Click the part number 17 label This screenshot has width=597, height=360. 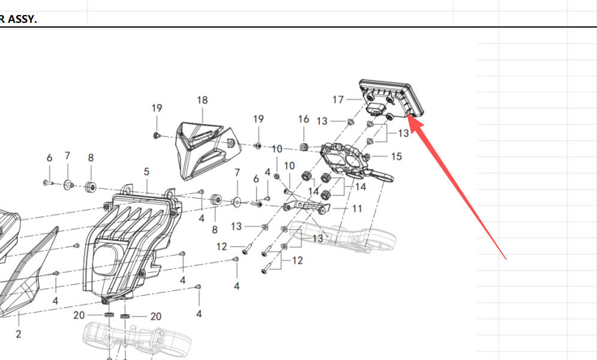pyautogui.click(x=338, y=99)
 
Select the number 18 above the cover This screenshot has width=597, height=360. pyautogui.click(x=202, y=100)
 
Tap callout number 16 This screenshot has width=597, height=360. pyautogui.click(x=304, y=119)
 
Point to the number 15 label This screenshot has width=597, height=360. pyautogui.click(x=396, y=157)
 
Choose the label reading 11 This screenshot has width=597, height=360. pyautogui.click(x=357, y=209)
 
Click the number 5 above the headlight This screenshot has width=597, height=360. pyautogui.click(x=146, y=172)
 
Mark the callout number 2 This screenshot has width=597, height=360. pyautogui.click(x=18, y=334)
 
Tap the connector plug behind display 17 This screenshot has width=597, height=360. pyautogui.click(x=377, y=109)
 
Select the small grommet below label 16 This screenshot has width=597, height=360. pyautogui.click(x=304, y=146)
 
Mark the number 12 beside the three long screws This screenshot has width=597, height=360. pyautogui.click(x=297, y=260)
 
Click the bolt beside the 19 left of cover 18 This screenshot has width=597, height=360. pyautogui.click(x=157, y=136)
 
